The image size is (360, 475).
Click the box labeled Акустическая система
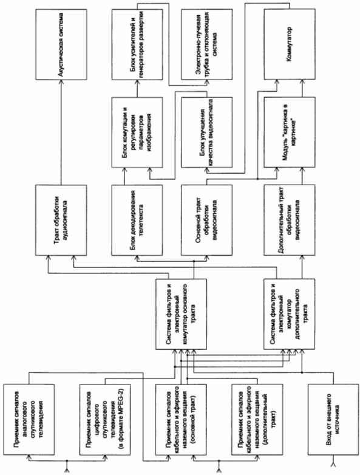[x=61, y=44]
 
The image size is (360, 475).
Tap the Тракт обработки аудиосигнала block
[x=61, y=220]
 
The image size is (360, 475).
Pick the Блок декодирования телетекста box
[x=137, y=220]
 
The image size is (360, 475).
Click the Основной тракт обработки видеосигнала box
[x=207, y=220]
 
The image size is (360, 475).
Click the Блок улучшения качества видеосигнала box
[x=207, y=132]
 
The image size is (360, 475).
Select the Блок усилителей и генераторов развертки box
[x=137, y=44]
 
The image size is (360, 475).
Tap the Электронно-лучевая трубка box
[x=207, y=44]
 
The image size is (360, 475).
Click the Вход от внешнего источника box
[x=333, y=420]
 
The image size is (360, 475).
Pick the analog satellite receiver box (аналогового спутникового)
[x=29, y=420]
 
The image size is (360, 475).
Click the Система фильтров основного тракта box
[x=181, y=314]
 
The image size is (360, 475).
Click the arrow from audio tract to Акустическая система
[x=61, y=132]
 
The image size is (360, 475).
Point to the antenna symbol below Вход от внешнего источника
[x=333, y=464]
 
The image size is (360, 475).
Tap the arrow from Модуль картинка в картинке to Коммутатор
[x=302, y=89]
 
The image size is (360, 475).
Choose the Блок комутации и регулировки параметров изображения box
[x=137, y=132]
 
